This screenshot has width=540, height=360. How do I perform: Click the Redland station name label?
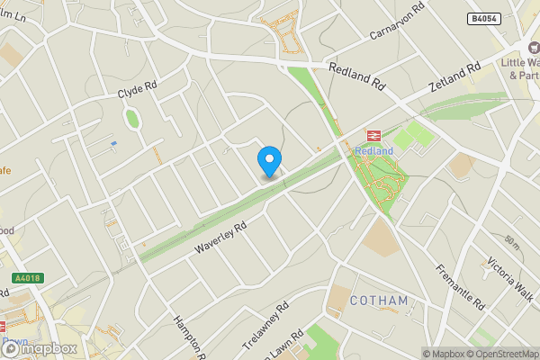(x=373, y=151)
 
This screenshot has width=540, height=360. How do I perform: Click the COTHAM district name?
(x=379, y=300)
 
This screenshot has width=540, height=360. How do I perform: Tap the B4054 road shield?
(x=483, y=19)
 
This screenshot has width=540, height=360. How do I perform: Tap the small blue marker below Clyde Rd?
(x=112, y=143)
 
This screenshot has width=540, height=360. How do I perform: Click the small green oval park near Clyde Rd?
(x=132, y=118)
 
